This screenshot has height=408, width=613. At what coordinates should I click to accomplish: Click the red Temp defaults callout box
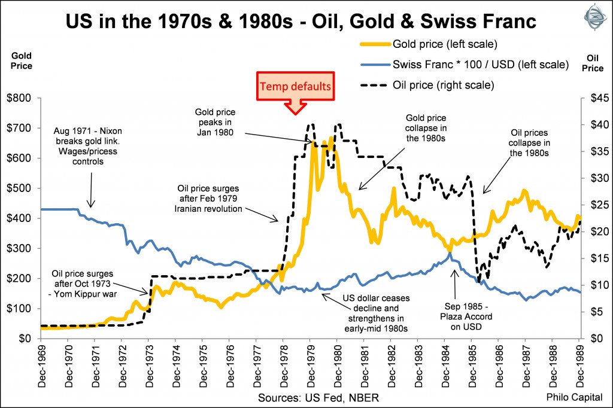coord(294,86)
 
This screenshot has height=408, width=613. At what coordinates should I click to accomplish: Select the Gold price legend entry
coord(442,44)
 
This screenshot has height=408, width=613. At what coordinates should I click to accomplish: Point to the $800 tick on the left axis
coord(20,98)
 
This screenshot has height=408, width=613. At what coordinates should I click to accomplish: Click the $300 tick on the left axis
coord(20,248)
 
